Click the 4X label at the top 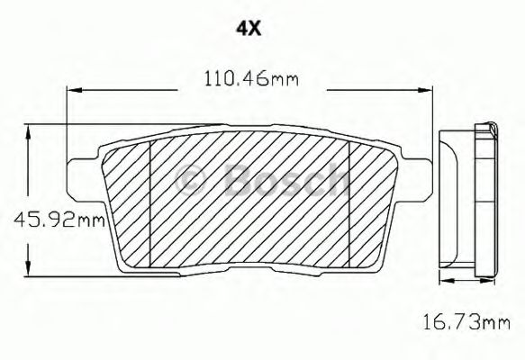249,28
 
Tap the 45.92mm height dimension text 53,217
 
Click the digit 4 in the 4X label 241,28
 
